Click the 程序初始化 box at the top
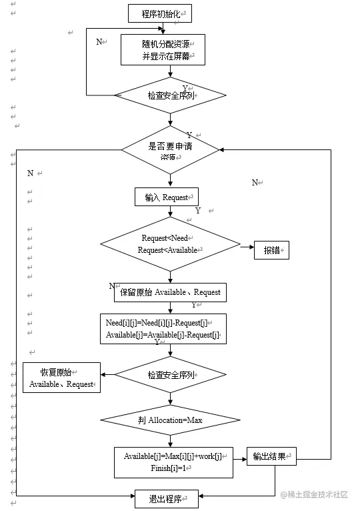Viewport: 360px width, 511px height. [x=160, y=13]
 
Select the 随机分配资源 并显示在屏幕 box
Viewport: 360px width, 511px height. [x=163, y=49]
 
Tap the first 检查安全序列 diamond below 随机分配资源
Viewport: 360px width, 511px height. [x=171, y=95]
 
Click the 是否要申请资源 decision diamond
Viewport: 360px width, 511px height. [x=171, y=150]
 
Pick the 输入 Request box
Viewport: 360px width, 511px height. [x=167, y=197]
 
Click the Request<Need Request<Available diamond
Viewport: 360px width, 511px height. [x=170, y=243]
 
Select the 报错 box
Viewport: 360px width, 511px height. [x=271, y=250]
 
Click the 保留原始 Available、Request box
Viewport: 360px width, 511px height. [x=171, y=292]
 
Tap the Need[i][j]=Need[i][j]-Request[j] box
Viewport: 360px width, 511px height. [x=162, y=328]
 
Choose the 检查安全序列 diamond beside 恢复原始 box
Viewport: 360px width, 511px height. [x=171, y=375]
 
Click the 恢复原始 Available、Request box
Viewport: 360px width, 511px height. [x=61, y=378]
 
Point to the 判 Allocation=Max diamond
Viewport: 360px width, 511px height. [x=170, y=420]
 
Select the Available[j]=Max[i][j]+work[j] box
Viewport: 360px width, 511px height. [x=173, y=462]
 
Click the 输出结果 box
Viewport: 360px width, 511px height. [x=272, y=457]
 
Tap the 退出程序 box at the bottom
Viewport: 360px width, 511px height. [x=166, y=498]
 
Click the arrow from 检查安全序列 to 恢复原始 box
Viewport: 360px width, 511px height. [x=107, y=376]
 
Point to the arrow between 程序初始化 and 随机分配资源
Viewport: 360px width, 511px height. [x=161, y=27]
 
